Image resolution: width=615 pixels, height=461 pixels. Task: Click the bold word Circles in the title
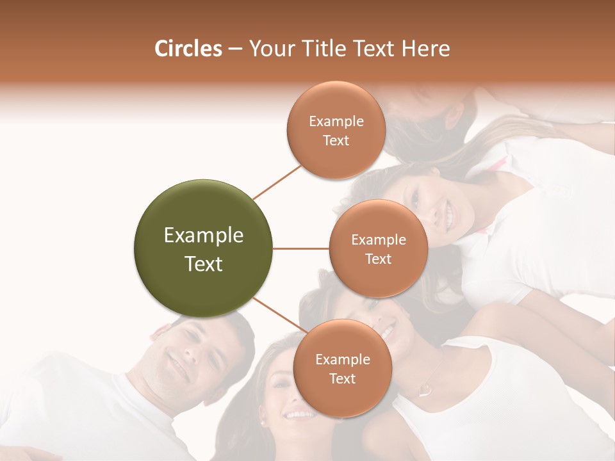(188, 49)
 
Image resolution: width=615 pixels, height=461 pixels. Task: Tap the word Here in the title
(426, 49)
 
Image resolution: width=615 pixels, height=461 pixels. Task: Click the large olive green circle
(203, 248)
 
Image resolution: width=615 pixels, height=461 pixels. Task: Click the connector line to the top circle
(277, 182)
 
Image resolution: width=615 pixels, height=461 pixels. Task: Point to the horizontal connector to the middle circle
(301, 248)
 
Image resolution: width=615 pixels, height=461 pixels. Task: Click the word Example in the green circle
(204, 236)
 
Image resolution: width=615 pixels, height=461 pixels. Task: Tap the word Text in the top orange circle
(336, 140)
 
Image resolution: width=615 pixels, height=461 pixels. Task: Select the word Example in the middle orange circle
(379, 240)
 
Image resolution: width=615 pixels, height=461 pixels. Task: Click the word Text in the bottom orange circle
(343, 378)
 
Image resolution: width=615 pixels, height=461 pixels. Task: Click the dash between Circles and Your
(234, 49)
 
